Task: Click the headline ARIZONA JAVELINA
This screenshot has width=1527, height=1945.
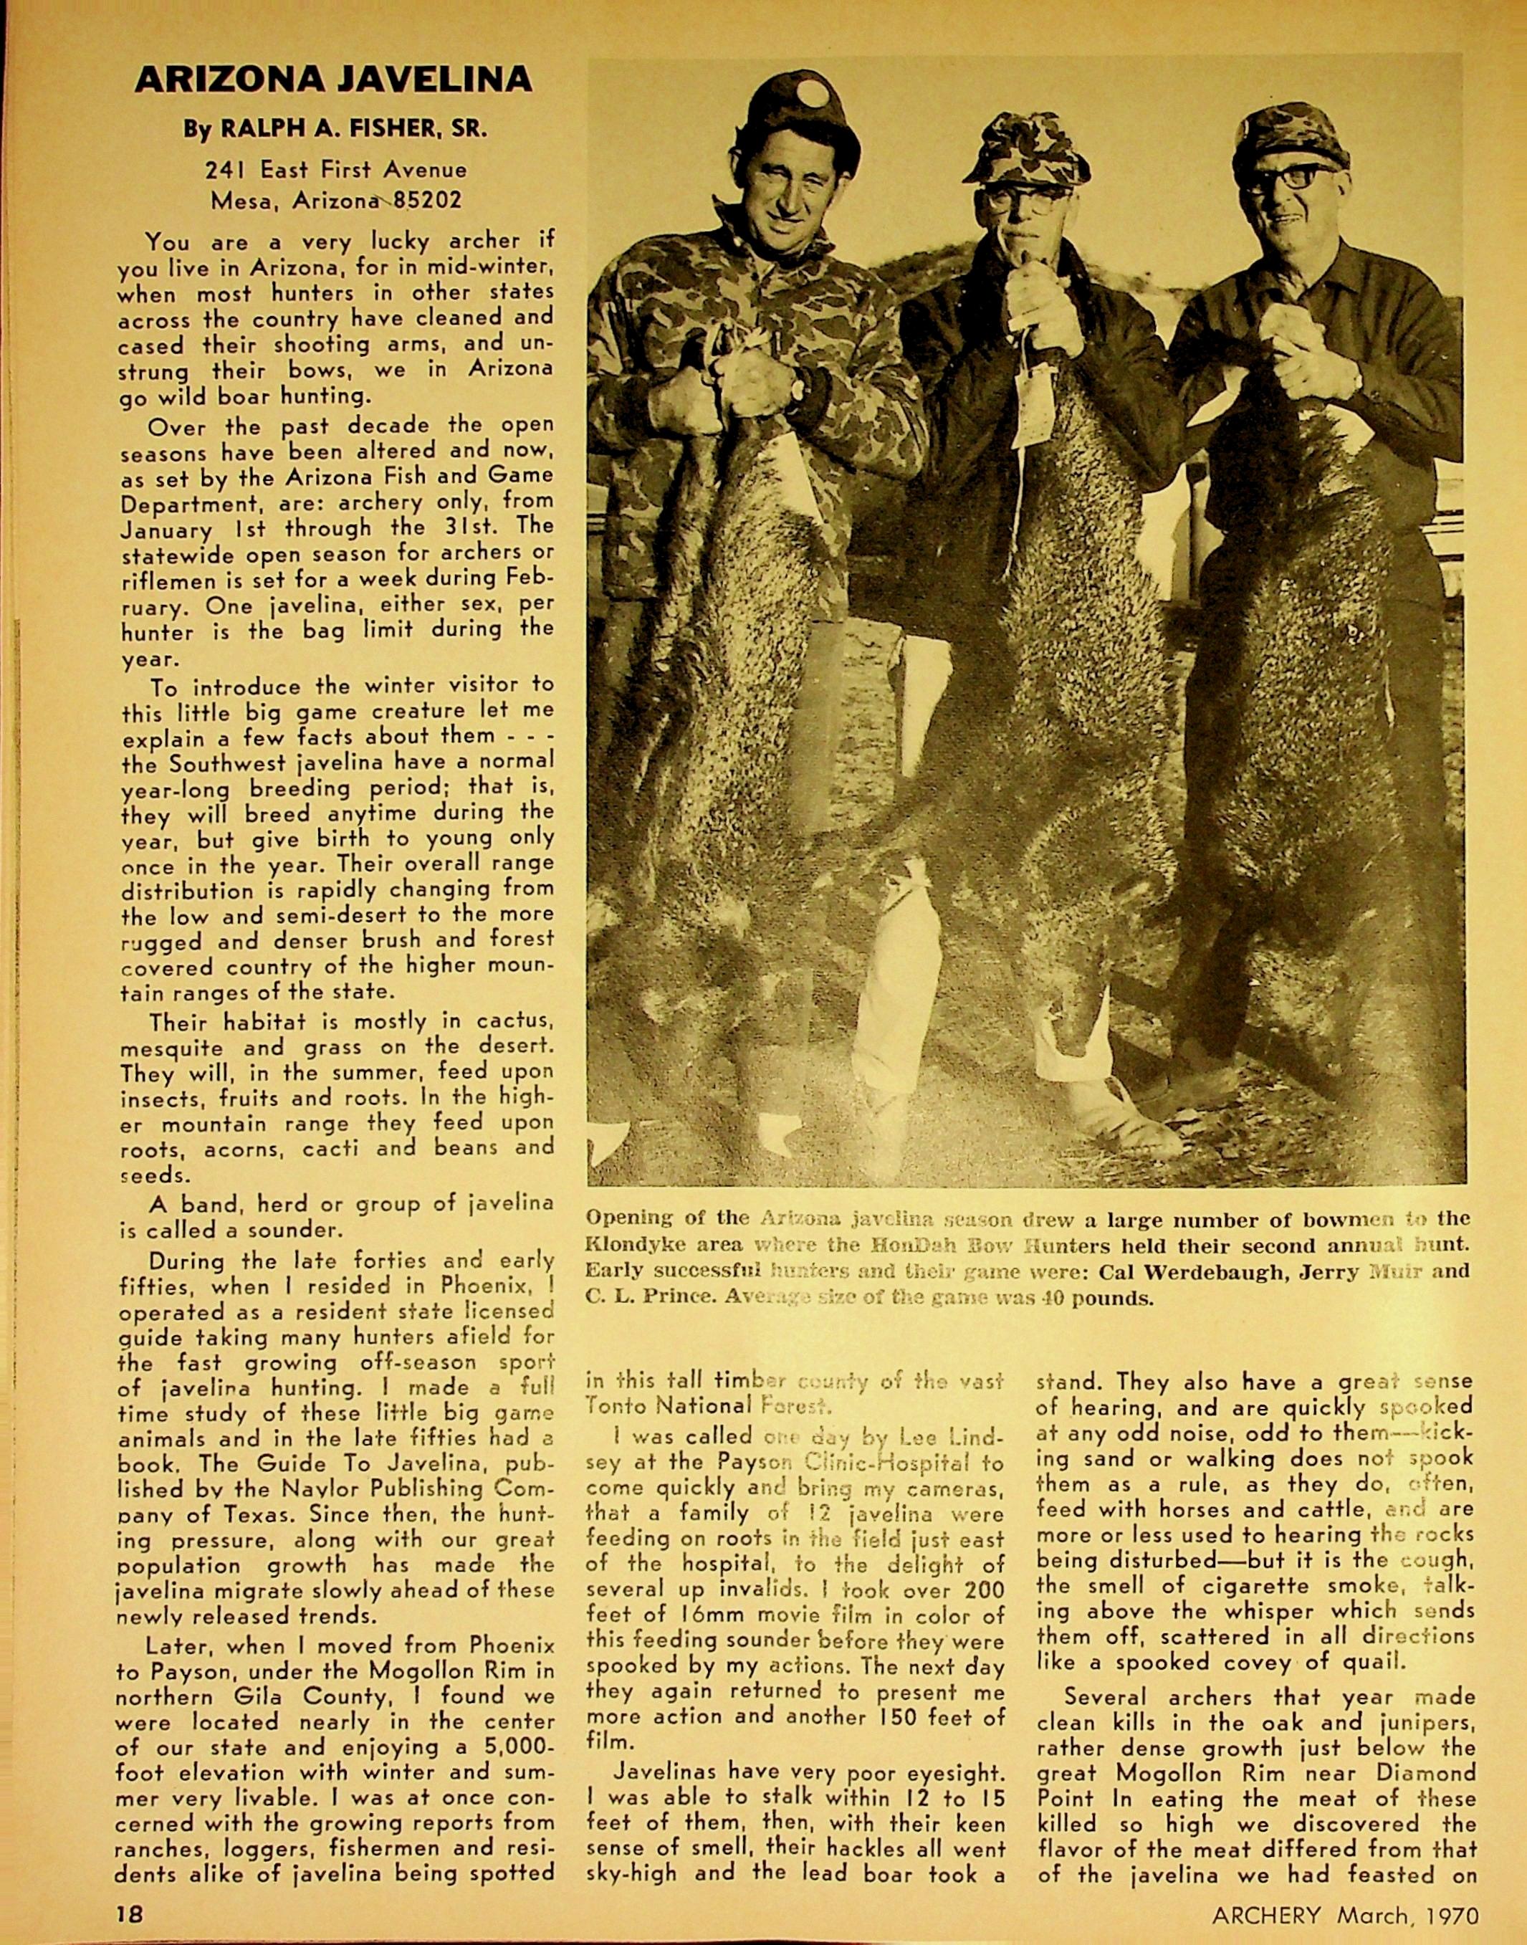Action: tap(332, 80)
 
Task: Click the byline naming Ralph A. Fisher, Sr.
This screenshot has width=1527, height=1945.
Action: tap(335, 129)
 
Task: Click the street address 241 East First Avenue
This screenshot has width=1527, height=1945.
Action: tap(335, 169)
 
